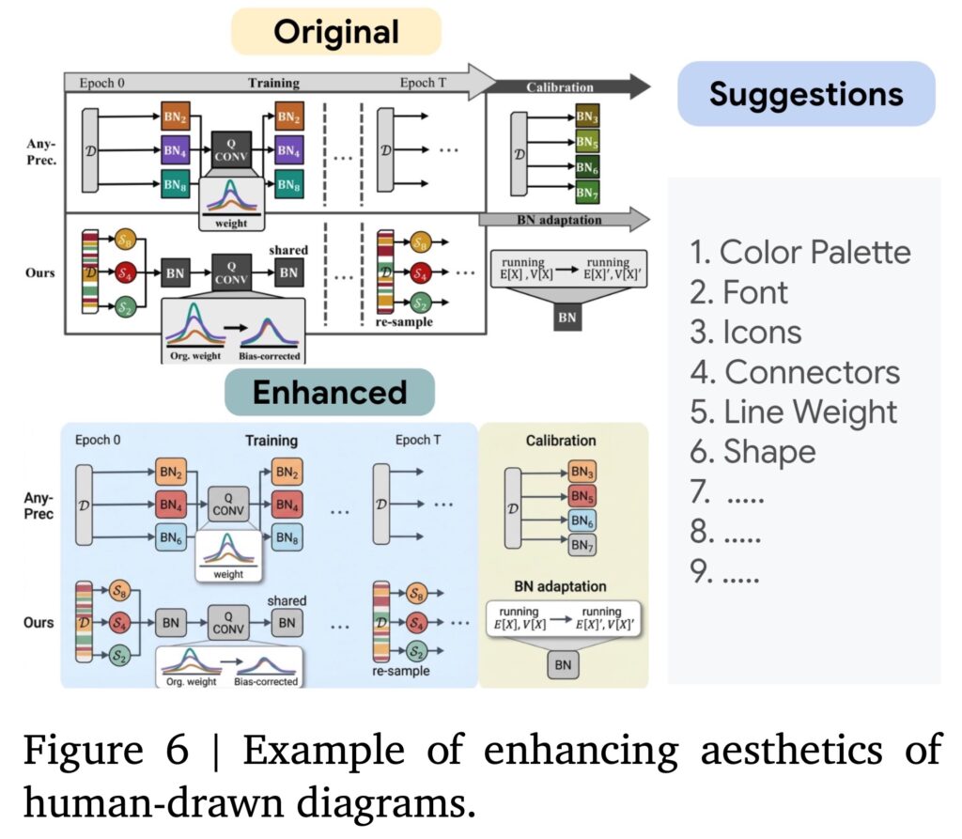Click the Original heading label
coord(336,32)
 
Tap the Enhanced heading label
coord(329,393)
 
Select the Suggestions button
coord(805,93)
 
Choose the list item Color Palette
coord(800,252)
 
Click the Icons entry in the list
coord(746,332)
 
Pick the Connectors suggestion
coord(796,372)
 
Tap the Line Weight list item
coord(794,412)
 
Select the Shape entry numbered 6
coord(753,452)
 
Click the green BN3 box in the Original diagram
coord(587,120)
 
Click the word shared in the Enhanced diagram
coord(287,600)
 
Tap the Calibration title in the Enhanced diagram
coord(561,440)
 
